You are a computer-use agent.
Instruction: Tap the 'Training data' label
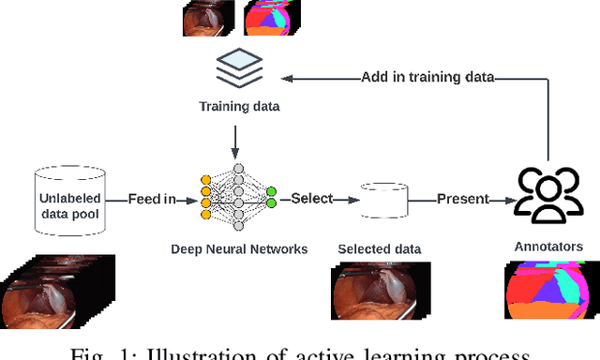pyautogui.click(x=239, y=106)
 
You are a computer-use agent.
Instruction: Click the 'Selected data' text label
pyautogui.click(x=380, y=248)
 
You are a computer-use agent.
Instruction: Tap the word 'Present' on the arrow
pyautogui.click(x=461, y=200)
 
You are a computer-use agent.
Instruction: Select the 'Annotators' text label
pyautogui.click(x=548, y=247)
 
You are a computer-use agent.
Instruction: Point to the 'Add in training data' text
pyautogui.click(x=427, y=77)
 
